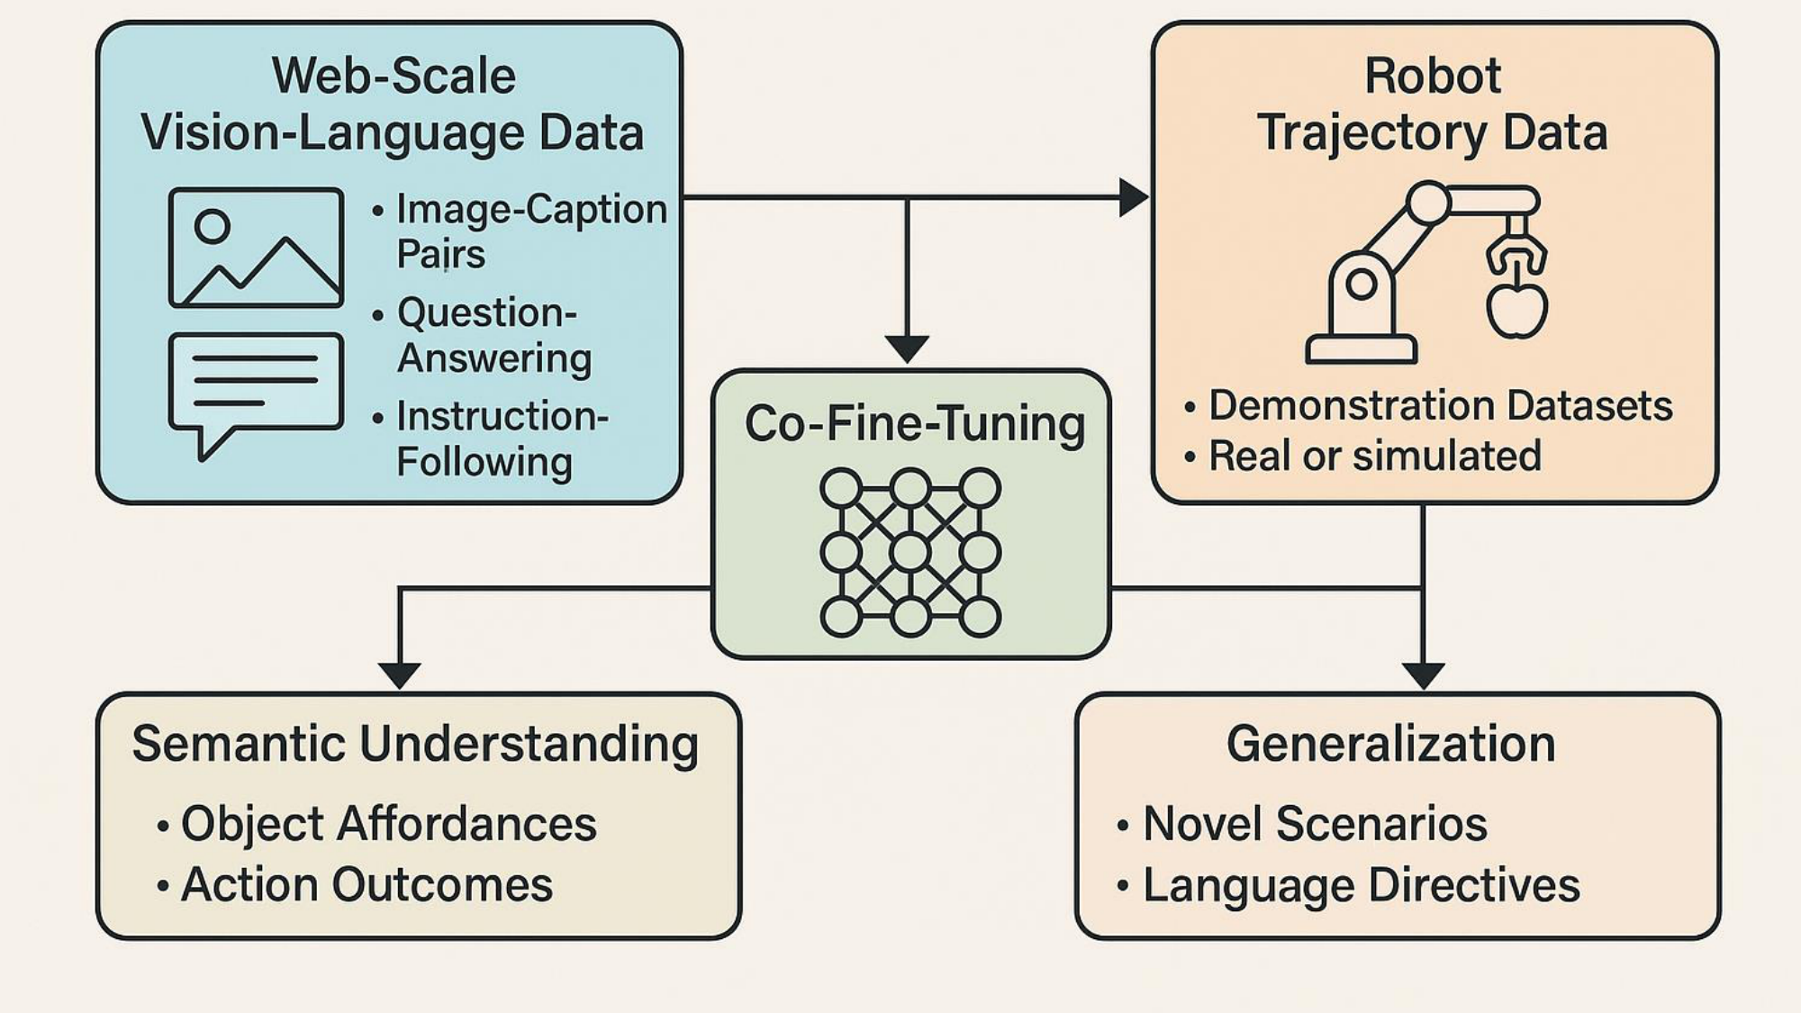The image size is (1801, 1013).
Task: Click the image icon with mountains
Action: [x=256, y=248]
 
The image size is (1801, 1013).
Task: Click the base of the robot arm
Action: [x=1361, y=348]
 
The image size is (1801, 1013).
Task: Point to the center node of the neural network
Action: [x=910, y=552]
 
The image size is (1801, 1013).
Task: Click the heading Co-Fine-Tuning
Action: [x=914, y=423]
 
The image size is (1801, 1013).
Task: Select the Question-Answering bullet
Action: [x=493, y=335]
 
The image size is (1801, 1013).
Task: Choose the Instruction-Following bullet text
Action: [x=501, y=439]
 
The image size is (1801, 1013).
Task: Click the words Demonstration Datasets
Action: [x=1439, y=405]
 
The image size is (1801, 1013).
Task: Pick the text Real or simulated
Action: [x=1373, y=456]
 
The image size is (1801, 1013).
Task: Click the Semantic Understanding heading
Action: [x=415, y=744]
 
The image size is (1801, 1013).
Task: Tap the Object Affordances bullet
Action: [x=388, y=823]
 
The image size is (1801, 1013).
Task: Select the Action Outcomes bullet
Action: [x=367, y=884]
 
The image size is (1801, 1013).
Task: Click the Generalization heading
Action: [x=1390, y=744]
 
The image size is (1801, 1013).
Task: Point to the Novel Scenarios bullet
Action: [x=1314, y=823]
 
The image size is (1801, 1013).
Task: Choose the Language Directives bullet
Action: [x=1361, y=885]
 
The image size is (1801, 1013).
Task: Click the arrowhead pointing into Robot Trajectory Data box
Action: [x=1133, y=197]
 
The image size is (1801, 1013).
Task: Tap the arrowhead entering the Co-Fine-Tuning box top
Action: [x=907, y=348]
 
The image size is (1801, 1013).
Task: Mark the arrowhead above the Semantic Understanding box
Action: [x=399, y=674]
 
